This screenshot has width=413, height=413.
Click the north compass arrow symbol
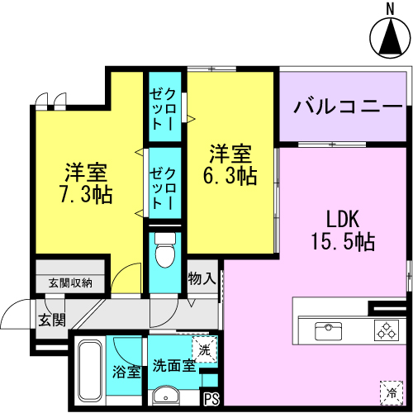point(391,38)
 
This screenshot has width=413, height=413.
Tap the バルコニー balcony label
point(349,107)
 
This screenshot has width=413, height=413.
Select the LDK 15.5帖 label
point(343,230)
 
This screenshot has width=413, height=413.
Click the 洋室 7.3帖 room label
point(86,183)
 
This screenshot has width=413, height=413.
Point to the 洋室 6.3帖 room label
point(230,164)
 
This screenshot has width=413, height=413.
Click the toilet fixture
point(165,250)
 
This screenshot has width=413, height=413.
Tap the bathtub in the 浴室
point(90,371)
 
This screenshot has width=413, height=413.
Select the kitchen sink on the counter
point(328,330)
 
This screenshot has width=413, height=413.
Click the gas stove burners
point(387,330)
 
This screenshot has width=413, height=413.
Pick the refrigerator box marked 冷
point(392,392)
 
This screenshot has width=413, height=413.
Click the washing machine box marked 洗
point(205,349)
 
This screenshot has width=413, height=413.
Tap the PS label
point(211,398)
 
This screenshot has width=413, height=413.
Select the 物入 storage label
point(202,278)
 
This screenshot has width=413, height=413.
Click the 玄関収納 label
point(70,283)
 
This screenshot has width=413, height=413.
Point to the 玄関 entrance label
point(52,320)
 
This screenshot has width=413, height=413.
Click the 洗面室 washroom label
point(174,366)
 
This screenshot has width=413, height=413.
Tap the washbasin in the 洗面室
point(166,396)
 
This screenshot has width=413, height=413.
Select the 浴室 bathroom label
point(126,372)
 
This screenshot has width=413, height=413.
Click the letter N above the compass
point(390,9)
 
